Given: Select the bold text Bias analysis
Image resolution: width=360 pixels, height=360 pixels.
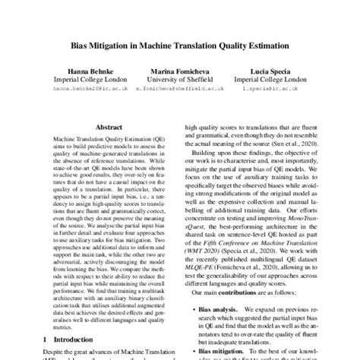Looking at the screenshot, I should pyautogui.click(x=227, y=289).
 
